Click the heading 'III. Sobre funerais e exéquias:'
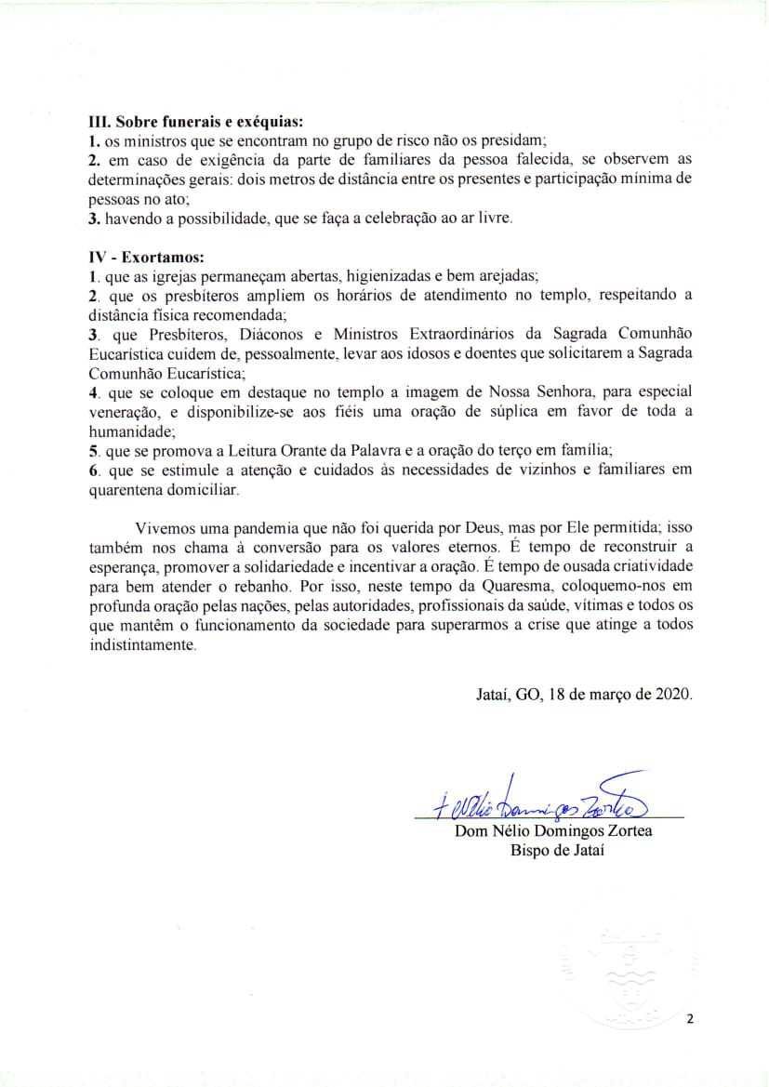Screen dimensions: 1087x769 coord(197,121)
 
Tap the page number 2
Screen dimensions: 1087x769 coord(690,1018)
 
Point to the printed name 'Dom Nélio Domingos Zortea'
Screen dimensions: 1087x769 coord(553,830)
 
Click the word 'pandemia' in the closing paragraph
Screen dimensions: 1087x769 coord(261,527)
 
